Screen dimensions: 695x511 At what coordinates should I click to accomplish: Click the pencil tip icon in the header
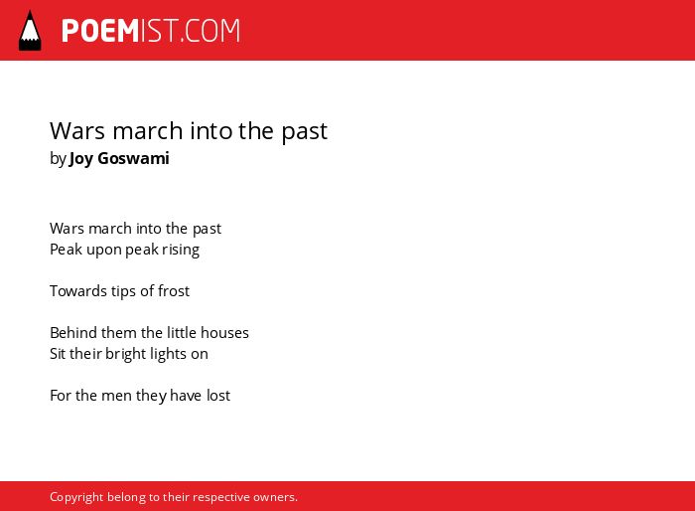(30, 31)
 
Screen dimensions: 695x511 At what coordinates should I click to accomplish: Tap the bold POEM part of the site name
(100, 31)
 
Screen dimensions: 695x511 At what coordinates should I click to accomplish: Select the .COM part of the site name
(209, 31)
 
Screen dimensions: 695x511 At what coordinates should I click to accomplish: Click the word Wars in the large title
(78, 131)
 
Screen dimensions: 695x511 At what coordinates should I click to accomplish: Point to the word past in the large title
(305, 132)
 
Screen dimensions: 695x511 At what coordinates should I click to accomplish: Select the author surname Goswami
(133, 158)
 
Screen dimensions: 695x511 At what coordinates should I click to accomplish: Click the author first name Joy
(80, 159)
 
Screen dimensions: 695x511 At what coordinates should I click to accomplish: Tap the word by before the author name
(58, 159)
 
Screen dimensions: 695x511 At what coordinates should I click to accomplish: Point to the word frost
(174, 291)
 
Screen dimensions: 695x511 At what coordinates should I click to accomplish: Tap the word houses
(224, 333)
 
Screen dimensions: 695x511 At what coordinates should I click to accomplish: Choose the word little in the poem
(182, 333)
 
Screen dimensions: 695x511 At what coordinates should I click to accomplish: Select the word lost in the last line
(218, 396)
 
